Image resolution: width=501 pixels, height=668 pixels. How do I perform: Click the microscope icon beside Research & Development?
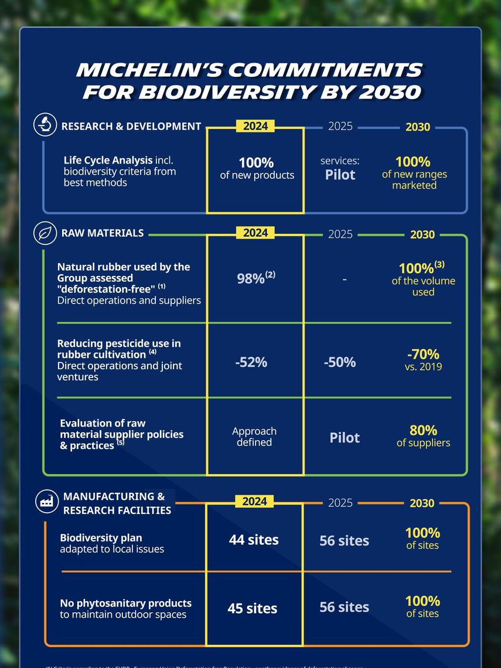click(x=45, y=125)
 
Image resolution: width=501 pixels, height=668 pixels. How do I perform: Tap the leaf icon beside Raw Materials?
click(x=45, y=233)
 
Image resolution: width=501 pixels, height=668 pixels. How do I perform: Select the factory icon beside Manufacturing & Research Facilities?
click(x=45, y=501)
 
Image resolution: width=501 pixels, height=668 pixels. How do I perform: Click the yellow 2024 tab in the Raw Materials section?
click(x=255, y=233)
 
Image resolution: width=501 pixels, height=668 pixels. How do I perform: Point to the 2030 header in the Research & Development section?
click(x=418, y=127)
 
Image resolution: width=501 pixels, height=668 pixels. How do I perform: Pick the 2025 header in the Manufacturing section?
click(x=340, y=503)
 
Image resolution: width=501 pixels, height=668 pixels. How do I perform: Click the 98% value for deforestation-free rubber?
click(x=255, y=278)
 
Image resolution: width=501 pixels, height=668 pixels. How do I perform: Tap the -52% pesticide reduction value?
click(x=251, y=362)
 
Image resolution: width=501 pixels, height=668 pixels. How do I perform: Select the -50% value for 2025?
click(x=340, y=362)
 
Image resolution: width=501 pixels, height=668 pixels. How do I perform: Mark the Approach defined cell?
click(x=254, y=437)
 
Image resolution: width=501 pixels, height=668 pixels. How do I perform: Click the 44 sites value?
click(x=254, y=540)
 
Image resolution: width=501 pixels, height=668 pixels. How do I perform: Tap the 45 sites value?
click(x=253, y=608)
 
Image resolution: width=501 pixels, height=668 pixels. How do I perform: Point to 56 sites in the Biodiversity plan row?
click(x=344, y=540)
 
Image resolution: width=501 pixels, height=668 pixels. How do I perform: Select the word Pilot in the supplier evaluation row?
click(x=345, y=438)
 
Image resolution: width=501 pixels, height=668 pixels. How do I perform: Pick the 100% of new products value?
click(x=257, y=168)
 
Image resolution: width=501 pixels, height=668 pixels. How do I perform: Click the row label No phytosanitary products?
click(x=125, y=603)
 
